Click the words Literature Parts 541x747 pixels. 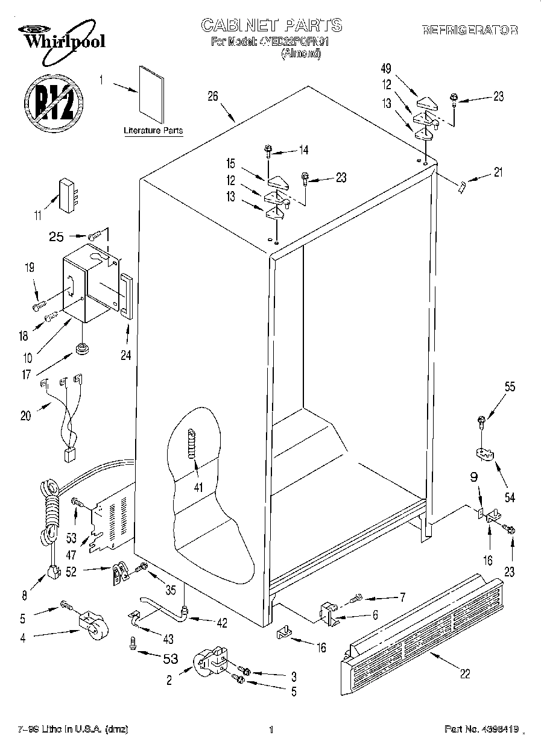pos(153,131)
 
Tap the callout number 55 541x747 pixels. pos(510,388)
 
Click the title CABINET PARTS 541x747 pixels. pos(271,25)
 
